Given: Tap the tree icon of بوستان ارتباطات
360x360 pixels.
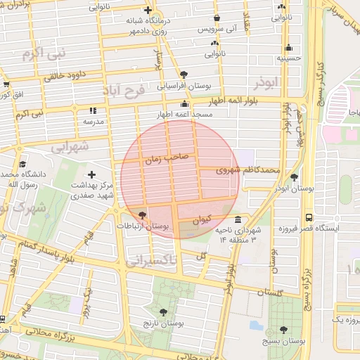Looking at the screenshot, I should (143, 214).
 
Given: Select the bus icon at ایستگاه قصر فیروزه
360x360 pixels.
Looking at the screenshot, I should (309, 217).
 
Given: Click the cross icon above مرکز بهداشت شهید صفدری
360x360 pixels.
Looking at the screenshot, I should (91, 174).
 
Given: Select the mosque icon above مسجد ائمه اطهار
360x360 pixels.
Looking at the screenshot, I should (185, 104).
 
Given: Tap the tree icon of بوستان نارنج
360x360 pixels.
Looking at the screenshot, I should (164, 311).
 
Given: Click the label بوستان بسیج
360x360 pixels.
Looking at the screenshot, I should (283, 340).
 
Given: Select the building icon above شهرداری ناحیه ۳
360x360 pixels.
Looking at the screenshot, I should (238, 219).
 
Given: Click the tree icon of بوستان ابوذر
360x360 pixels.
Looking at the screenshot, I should (293, 177).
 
